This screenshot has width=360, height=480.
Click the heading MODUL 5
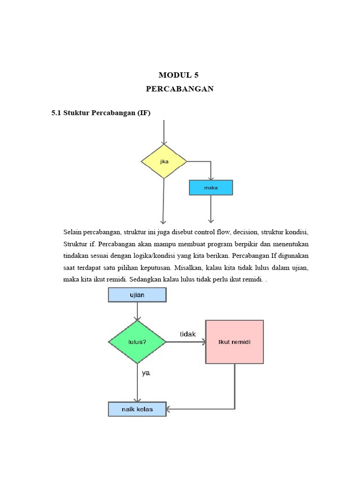tap(180, 75)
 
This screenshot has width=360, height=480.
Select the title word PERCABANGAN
tap(180, 89)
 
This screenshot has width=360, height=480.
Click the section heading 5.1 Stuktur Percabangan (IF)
tap(101, 113)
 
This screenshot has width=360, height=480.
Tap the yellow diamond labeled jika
tap(164, 161)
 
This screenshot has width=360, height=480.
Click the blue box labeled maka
tap(210, 187)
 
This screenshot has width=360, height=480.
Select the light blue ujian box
tap(137, 295)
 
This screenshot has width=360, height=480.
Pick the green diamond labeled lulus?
tap(137, 342)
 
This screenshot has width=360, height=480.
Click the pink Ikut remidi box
tap(234, 342)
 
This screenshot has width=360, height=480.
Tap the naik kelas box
tap(137, 409)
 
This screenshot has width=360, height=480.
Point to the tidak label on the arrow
tap(188, 334)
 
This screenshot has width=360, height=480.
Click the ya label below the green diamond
tap(146, 374)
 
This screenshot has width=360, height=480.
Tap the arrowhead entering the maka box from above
tap(211, 178)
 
